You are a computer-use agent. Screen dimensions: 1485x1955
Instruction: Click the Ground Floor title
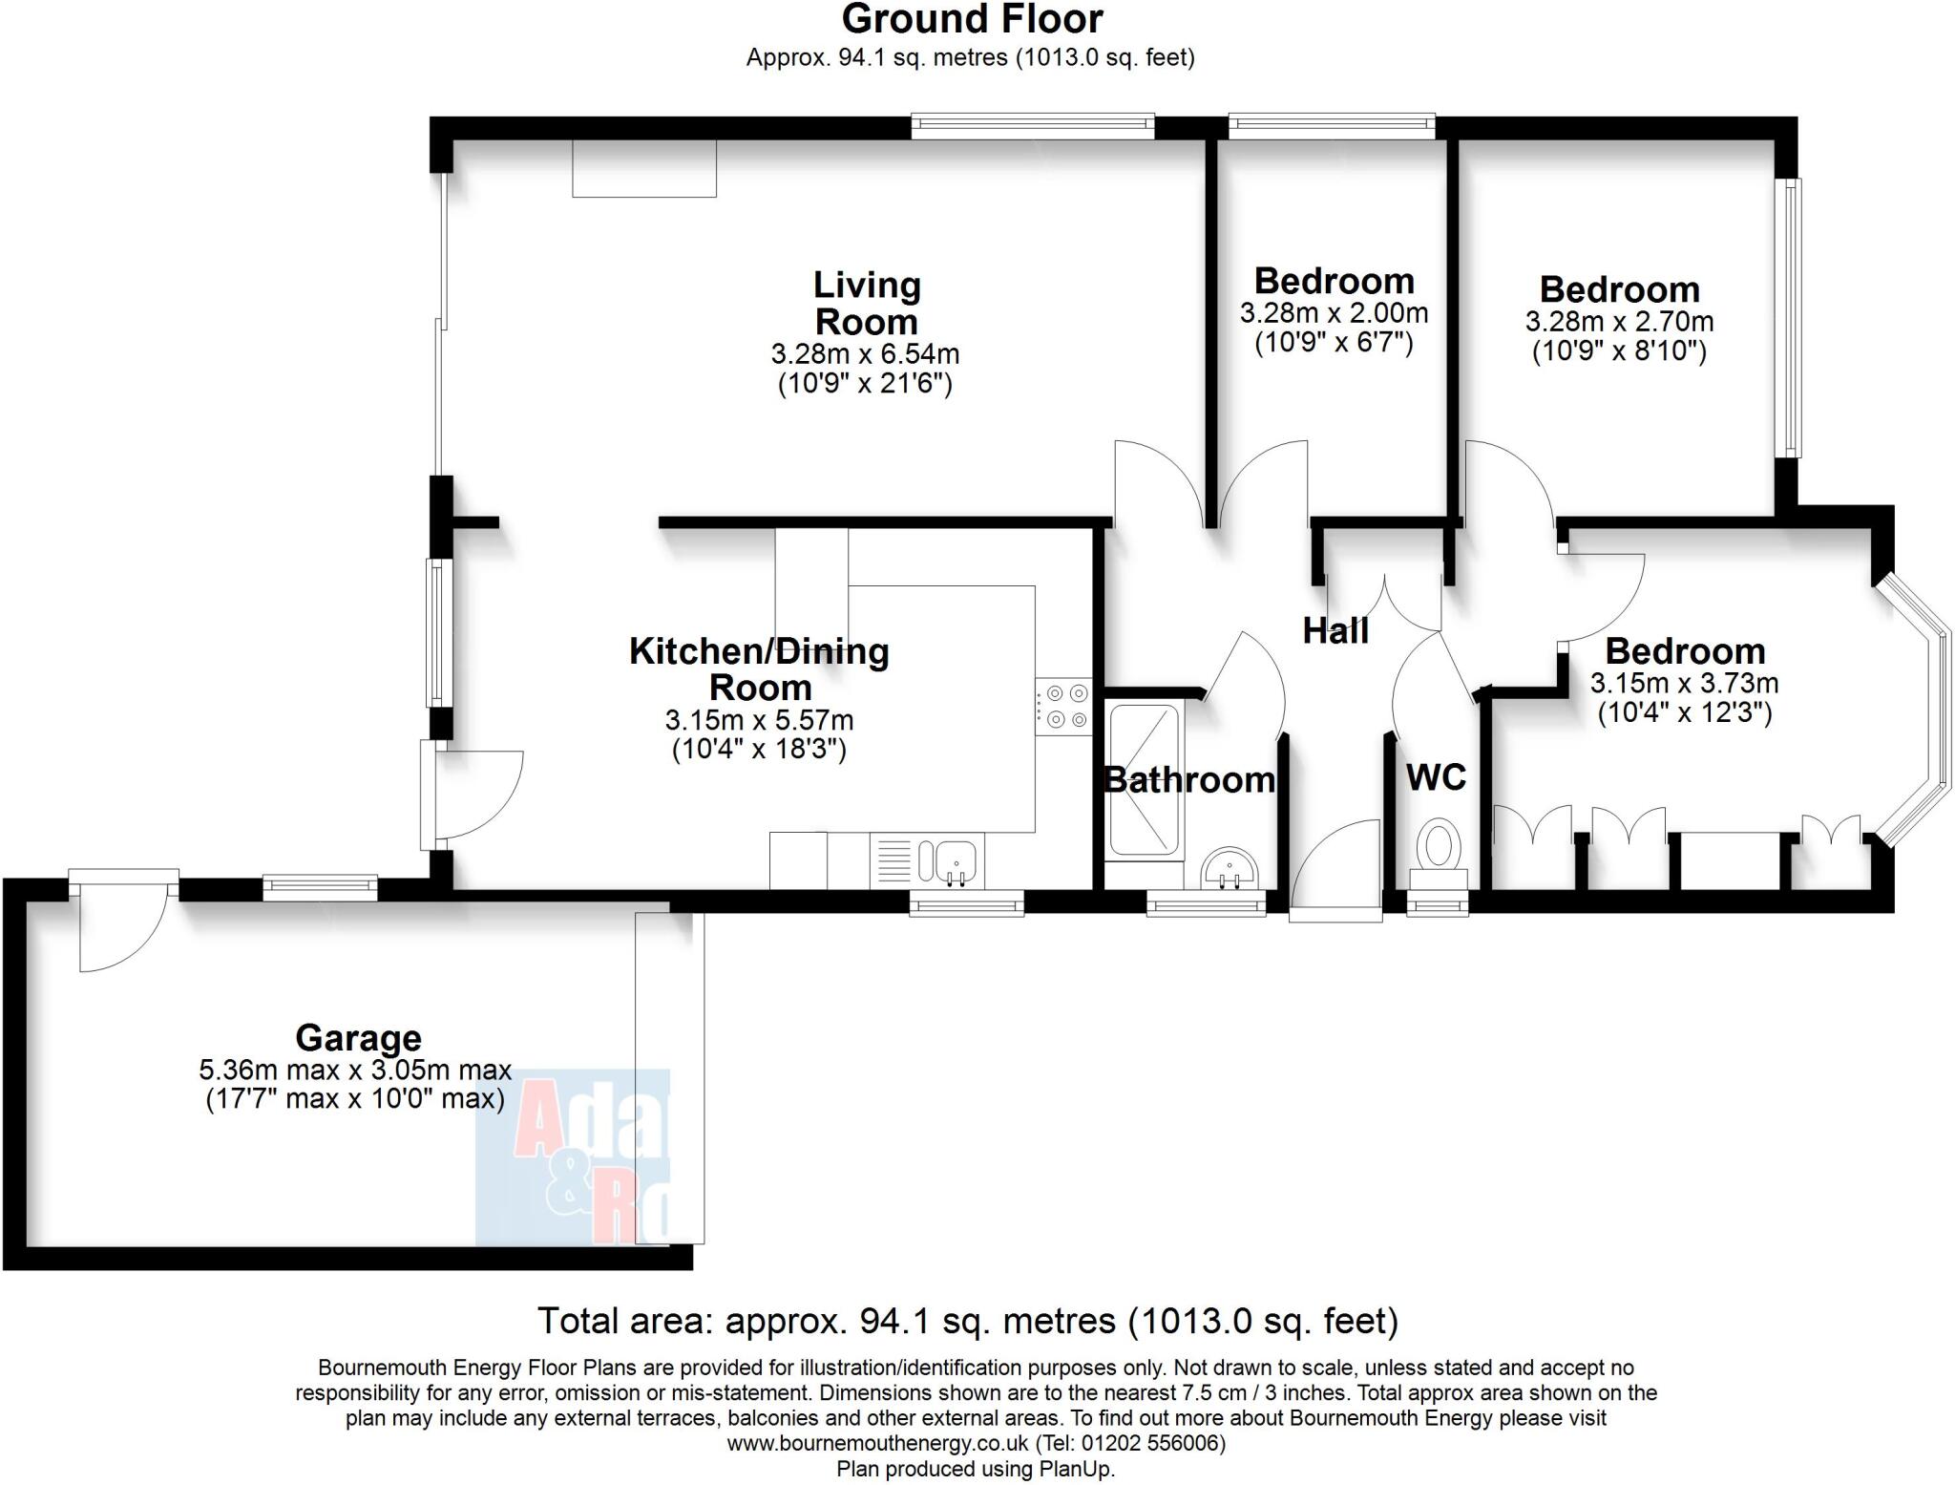pos(972,19)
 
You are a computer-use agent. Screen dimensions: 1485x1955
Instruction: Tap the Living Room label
pos(866,303)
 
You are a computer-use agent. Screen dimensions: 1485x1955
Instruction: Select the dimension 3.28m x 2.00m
pos(1334,313)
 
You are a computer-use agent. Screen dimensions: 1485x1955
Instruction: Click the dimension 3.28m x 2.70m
pos(1619,322)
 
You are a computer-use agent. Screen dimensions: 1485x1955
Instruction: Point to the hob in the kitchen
pos(1063,707)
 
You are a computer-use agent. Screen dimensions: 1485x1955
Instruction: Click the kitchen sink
pos(946,860)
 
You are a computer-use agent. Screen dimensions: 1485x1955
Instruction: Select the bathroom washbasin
pos(1230,869)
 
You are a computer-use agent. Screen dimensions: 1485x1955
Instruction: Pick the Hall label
pos(1335,631)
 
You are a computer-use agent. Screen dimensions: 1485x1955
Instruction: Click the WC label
pos(1436,777)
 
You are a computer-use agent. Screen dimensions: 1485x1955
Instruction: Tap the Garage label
pos(358,1038)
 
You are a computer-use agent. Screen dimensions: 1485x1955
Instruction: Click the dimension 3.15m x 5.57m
pos(759,720)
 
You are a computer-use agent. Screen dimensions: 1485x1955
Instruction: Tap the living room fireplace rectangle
pos(644,169)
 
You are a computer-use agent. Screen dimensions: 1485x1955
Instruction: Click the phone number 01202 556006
pos(1158,1443)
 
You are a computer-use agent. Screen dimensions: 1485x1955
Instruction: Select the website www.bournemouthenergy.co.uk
pos(877,1443)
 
